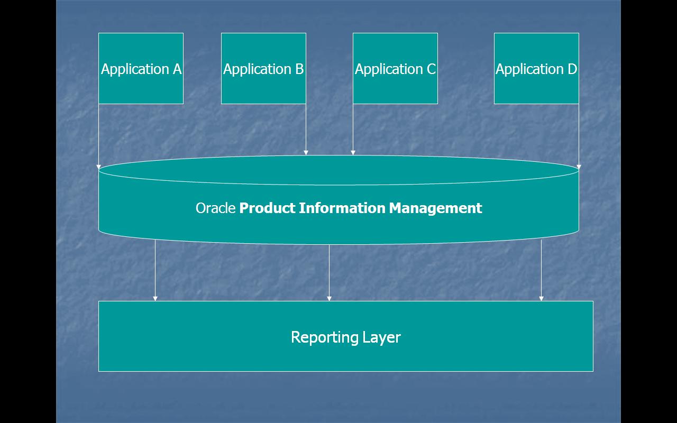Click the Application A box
[x=141, y=69]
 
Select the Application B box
[x=263, y=69]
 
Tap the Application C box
[x=395, y=69]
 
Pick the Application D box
[x=536, y=69]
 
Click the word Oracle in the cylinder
[x=215, y=208]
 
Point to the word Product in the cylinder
[x=267, y=208]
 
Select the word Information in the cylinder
[x=342, y=208]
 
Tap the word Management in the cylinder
[x=435, y=208]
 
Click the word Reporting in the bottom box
[x=324, y=337]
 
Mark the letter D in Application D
[x=572, y=69]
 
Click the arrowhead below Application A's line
[x=99, y=167]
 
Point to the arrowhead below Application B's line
[x=306, y=153]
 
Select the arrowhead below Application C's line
[x=353, y=153]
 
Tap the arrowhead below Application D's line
[x=579, y=167]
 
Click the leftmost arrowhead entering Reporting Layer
[x=155, y=299]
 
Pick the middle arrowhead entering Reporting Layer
[x=329, y=299]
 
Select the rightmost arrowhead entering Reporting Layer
[x=541, y=299]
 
